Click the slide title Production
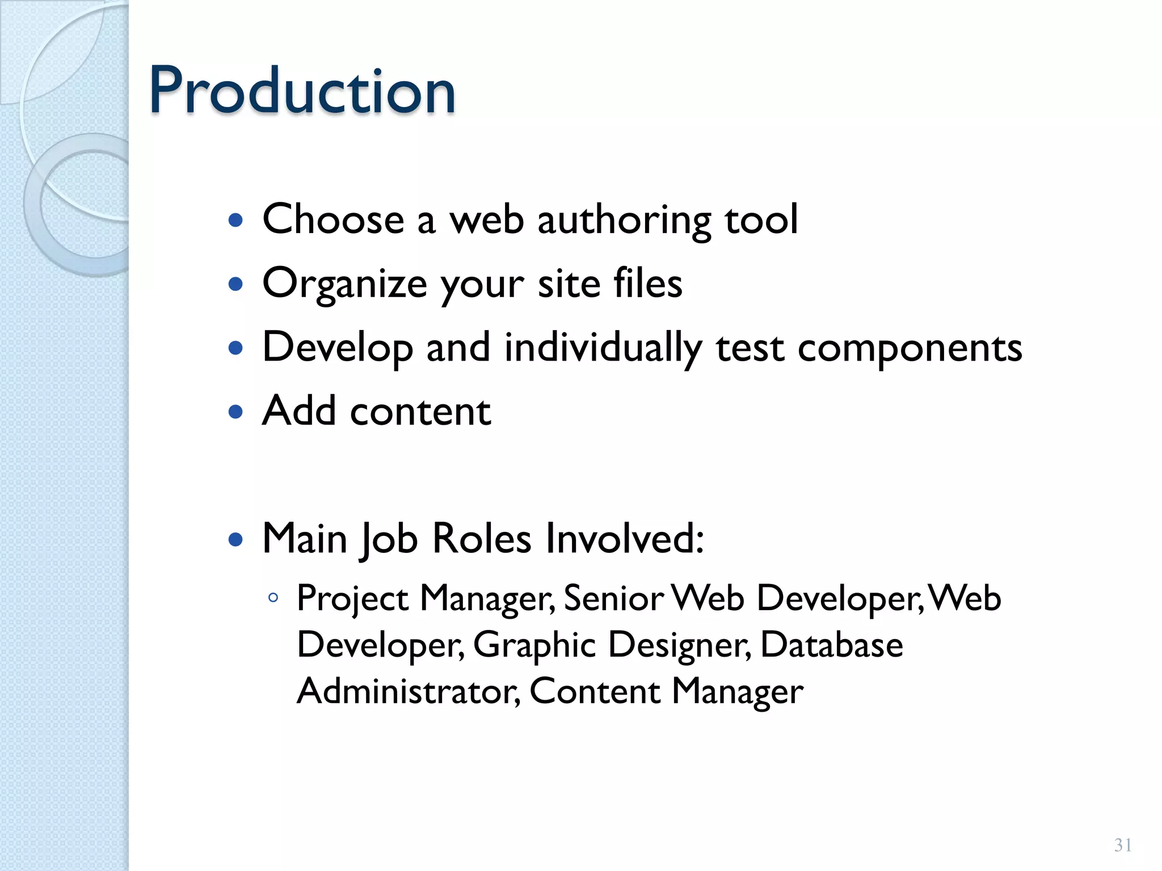click(302, 91)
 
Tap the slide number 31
click(1123, 845)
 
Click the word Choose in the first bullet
click(333, 219)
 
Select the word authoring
click(624, 220)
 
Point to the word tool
click(761, 219)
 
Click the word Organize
click(344, 284)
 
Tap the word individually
click(603, 347)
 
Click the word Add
click(300, 411)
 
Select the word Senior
click(613, 598)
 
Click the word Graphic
click(534, 645)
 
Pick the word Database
click(831, 644)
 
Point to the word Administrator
click(408, 691)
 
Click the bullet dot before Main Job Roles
click(235, 539)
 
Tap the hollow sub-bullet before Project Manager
click(273, 598)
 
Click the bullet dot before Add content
click(235, 411)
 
